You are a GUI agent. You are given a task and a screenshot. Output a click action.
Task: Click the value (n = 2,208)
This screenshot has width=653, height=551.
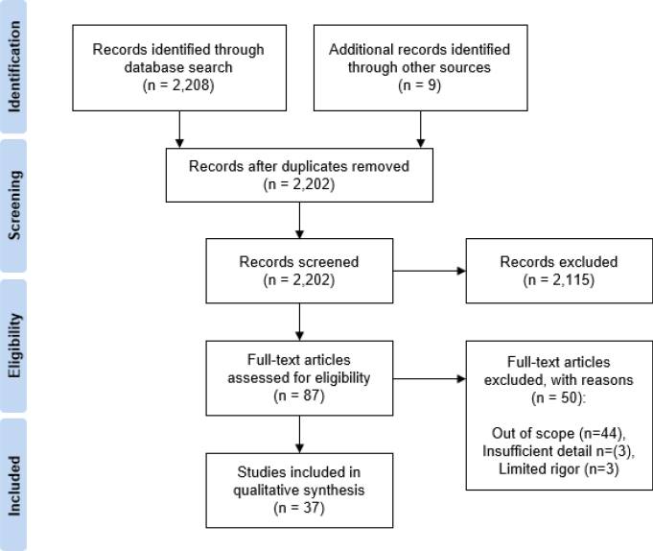tap(178, 84)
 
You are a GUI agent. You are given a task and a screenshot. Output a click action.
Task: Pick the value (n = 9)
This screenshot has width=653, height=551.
tap(418, 84)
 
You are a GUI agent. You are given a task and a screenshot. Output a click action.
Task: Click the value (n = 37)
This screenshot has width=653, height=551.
tap(300, 506)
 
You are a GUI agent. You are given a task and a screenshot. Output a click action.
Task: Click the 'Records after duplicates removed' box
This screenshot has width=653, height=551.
tap(300, 175)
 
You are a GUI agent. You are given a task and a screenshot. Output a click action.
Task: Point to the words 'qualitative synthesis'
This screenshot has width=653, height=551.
tap(300, 489)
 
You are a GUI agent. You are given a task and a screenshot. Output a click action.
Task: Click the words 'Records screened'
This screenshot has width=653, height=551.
tap(300, 262)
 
